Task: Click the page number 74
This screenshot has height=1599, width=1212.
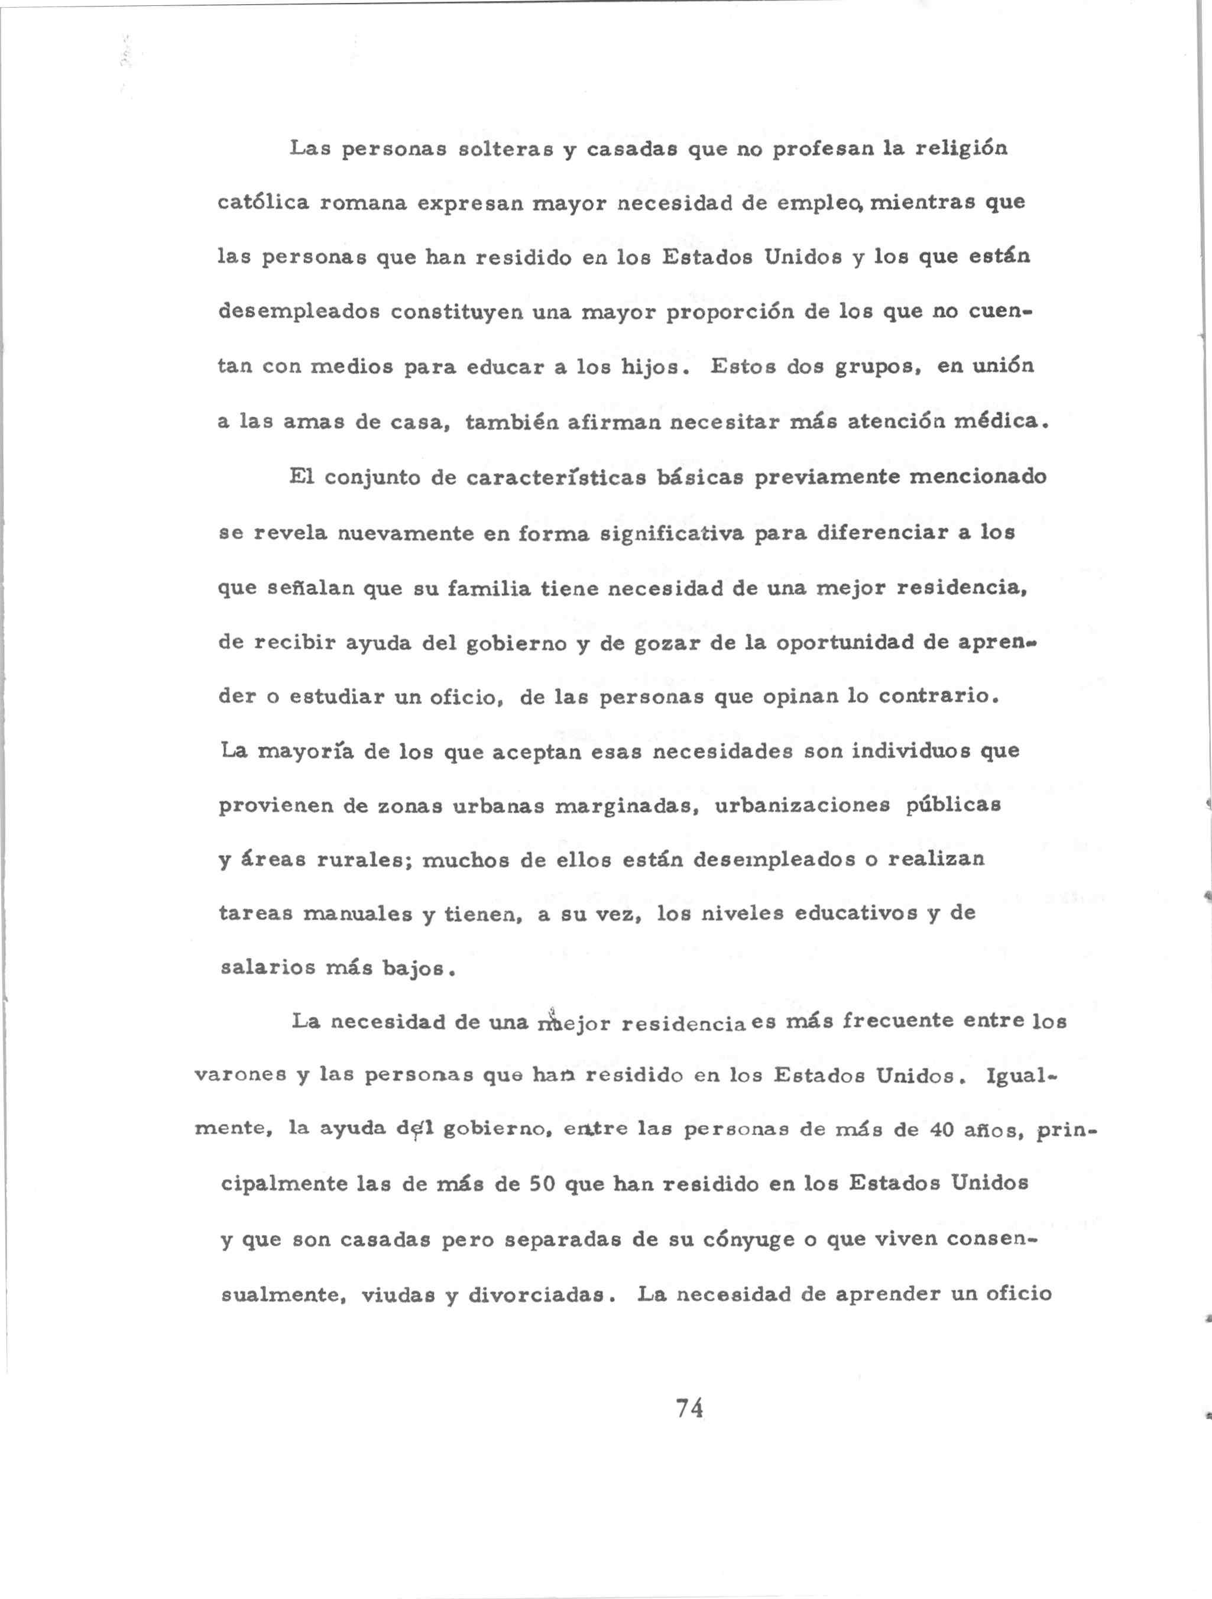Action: point(690,1407)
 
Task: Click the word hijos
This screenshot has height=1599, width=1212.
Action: point(650,367)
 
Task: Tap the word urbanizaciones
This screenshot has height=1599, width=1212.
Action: point(802,805)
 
